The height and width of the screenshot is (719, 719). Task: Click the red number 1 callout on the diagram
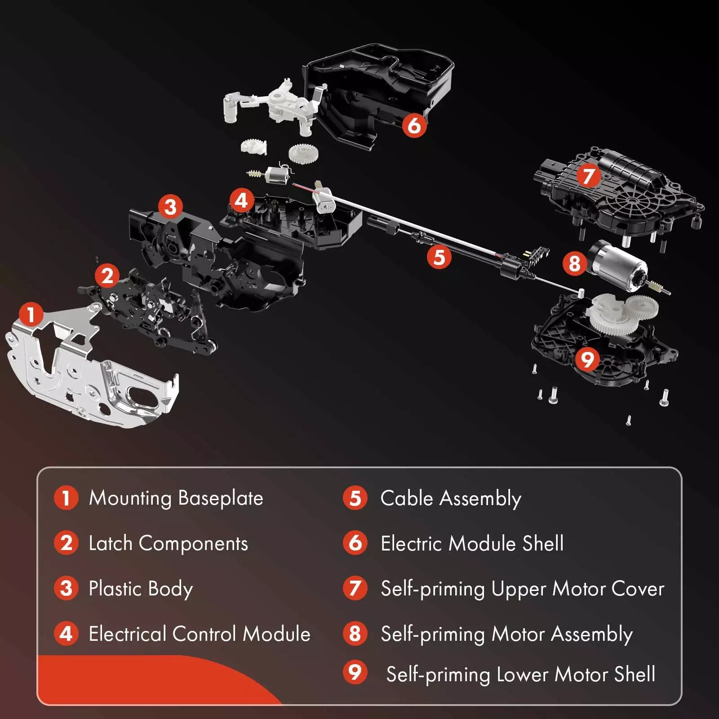(x=31, y=314)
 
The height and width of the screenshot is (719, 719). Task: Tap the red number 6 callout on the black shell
(x=414, y=125)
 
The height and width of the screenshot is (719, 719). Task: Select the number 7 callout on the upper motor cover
(x=589, y=175)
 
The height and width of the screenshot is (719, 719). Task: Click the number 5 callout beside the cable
(x=439, y=257)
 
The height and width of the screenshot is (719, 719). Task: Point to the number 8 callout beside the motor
(x=575, y=263)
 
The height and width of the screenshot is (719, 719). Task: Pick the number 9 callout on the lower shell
(x=587, y=359)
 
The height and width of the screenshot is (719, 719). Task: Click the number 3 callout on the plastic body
(x=170, y=207)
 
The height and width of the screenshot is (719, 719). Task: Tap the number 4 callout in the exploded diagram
(x=241, y=200)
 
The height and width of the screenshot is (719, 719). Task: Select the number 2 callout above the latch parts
(x=107, y=275)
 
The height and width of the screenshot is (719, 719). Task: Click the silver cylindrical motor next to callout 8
(x=622, y=265)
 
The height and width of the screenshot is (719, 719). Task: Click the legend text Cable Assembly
(x=451, y=499)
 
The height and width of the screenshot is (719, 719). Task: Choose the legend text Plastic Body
(x=141, y=589)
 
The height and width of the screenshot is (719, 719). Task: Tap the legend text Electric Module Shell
(x=472, y=543)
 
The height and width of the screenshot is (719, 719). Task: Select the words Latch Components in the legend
(x=168, y=544)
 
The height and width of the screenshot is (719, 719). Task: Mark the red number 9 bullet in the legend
(x=355, y=672)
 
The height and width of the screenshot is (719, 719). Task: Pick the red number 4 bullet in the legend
(x=66, y=634)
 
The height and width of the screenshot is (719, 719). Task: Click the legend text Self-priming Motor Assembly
(x=507, y=635)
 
